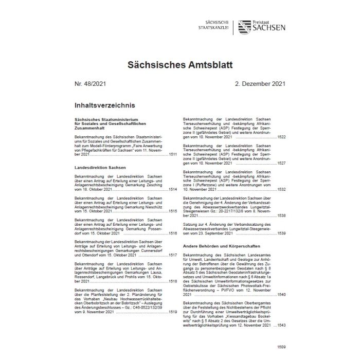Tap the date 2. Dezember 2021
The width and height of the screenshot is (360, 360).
tap(261, 83)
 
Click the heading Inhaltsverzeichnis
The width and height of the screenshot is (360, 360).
tap(105, 105)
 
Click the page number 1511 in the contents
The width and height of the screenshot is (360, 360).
tap(173, 154)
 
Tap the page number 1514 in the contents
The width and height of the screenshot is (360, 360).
tap(173, 190)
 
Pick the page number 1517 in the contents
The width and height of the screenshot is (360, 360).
tap(173, 255)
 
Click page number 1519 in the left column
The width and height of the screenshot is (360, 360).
tap(173, 312)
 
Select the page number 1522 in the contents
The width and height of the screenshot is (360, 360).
tap(281, 137)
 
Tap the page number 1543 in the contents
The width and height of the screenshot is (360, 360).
tap(281, 327)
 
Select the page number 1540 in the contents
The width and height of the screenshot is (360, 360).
tap(281, 295)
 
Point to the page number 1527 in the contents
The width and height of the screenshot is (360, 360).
tap(281, 163)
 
